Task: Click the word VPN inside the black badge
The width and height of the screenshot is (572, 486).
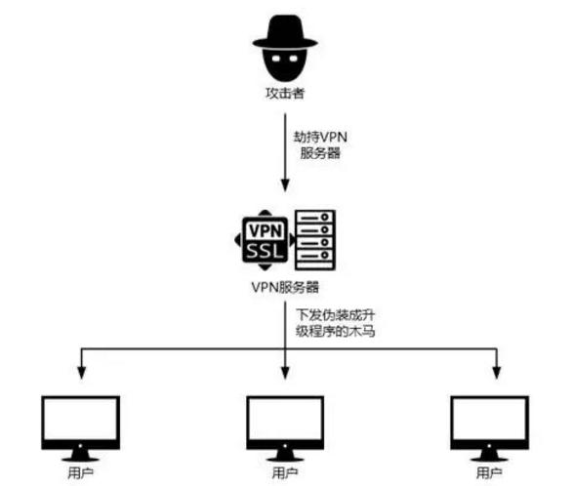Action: (x=266, y=231)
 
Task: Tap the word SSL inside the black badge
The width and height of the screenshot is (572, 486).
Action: (x=266, y=252)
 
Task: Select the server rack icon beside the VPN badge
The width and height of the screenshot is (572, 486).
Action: (x=315, y=240)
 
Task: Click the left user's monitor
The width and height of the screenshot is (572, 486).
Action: (x=79, y=421)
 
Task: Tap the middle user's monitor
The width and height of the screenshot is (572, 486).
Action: (x=285, y=421)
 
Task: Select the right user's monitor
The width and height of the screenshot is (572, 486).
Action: (x=490, y=421)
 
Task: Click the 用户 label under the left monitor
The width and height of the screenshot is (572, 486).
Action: (x=79, y=473)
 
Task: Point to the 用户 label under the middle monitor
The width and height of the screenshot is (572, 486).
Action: (x=285, y=473)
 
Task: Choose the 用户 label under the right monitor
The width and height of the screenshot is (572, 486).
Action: (x=490, y=473)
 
